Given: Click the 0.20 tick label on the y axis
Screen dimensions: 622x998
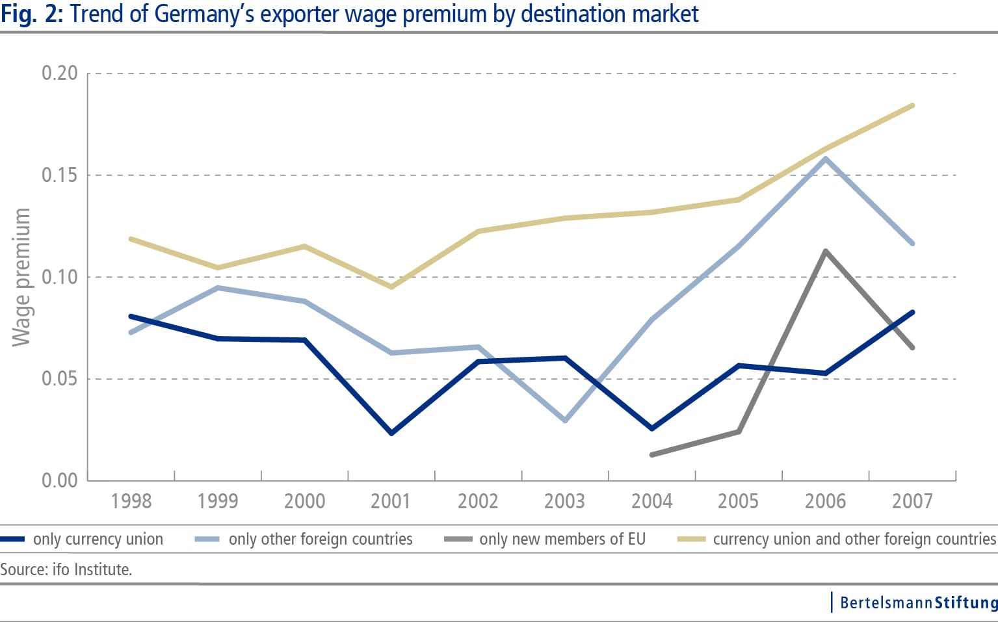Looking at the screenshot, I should coord(59,73).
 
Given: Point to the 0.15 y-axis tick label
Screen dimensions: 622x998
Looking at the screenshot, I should coord(59,175).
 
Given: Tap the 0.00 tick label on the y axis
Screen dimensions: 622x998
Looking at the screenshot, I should coord(59,480).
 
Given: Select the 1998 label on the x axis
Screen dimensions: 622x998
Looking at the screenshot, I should coord(131,501).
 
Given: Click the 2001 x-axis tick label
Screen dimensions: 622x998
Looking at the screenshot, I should coord(391,501).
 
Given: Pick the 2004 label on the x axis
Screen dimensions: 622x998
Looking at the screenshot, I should coord(651,501).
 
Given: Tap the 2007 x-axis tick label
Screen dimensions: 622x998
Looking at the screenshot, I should coord(912,501).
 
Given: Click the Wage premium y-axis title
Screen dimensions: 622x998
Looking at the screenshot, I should coord(21,278).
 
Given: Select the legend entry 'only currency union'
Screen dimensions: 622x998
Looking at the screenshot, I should coord(98,539).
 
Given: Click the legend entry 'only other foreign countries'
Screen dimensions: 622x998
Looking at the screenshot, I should coord(320,539).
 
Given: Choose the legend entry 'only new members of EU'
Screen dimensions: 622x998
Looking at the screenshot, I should coord(562,539).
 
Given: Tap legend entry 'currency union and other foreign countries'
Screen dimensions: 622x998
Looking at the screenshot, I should coord(854,539).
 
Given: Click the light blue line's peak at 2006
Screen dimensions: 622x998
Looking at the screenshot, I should coord(826,158).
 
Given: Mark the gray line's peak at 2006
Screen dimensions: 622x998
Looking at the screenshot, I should coord(826,251).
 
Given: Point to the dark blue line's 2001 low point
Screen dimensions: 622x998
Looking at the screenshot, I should coord(391,433).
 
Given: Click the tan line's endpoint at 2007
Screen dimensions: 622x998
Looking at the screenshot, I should coord(912,105).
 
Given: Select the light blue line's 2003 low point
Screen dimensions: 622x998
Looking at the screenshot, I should coord(565,421).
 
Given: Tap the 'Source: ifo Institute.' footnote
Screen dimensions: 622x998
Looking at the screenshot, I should coord(66,570).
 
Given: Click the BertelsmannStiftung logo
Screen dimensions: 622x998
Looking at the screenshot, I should coord(917,603).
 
